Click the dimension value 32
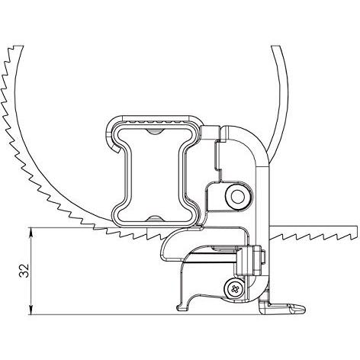coord(24,270)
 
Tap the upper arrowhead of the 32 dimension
coord(31,231)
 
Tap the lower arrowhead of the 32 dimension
coord(31,310)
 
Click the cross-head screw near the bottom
coord(234,289)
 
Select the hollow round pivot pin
coord(238,197)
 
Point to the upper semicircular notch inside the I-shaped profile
coord(155,131)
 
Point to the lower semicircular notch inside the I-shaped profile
coord(155,218)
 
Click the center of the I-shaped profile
coord(155,175)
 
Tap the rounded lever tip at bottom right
coord(301,308)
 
